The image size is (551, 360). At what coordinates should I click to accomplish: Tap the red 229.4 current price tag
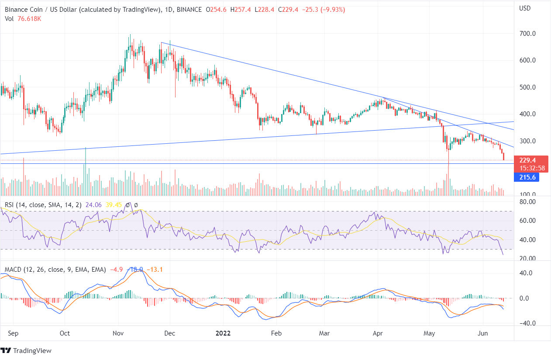click(524, 160)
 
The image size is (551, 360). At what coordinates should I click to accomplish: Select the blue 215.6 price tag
click(524, 177)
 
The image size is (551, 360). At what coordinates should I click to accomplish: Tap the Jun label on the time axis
click(483, 333)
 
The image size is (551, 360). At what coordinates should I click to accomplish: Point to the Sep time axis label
click(13, 333)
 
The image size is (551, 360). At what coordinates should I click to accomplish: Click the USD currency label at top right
click(525, 7)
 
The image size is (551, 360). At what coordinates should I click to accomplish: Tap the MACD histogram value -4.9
click(115, 270)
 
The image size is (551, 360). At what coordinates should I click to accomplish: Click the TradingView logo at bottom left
click(27, 350)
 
